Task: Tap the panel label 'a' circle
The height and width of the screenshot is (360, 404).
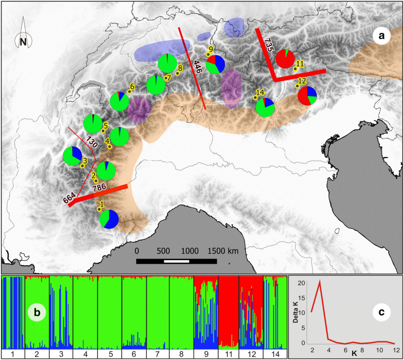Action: coord(381,36)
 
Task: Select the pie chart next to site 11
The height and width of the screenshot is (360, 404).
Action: coord(285,58)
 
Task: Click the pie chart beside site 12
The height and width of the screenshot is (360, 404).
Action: coord(307,95)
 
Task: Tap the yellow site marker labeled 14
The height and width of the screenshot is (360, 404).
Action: coord(255,97)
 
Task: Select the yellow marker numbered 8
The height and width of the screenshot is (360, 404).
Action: coord(177,73)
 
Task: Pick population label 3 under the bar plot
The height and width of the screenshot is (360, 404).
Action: coord(61,354)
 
